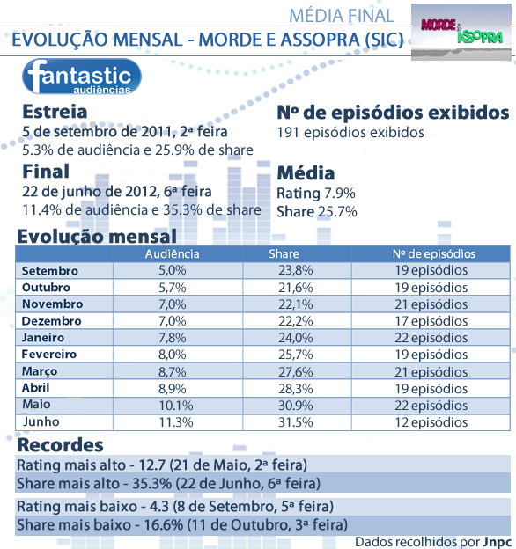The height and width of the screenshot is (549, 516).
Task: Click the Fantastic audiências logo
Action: pos(82,77)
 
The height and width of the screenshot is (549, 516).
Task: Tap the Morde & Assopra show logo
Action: pos(461,32)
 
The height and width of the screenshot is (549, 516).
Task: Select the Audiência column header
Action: pos(172,254)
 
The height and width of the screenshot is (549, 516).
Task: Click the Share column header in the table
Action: pos(284,254)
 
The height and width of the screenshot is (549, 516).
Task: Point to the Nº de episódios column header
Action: pos(434,254)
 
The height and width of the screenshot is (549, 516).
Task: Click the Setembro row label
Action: pos(49,271)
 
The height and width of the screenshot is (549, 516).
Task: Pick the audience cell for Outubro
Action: pos(173,288)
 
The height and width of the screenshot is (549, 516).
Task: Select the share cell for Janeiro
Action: pos(296,338)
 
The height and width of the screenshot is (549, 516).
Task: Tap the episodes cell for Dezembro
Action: pos(431,321)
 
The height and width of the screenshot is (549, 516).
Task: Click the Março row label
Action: pos(40,371)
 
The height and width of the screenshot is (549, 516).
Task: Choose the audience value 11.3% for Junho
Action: pos(176,422)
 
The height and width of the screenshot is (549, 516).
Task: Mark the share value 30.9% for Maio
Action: pos(296,406)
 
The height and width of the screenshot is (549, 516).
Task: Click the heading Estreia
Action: pos(55,112)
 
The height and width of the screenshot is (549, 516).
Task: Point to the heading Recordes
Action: pos(60,445)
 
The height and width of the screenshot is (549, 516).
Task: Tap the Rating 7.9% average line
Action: pos(316,194)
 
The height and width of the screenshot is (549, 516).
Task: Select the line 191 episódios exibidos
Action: pos(350,133)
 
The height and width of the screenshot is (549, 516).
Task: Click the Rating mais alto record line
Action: pos(162,465)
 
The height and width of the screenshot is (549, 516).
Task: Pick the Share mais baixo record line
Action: pos(182,525)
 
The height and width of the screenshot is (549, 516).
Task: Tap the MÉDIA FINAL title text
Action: pos(342,16)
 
